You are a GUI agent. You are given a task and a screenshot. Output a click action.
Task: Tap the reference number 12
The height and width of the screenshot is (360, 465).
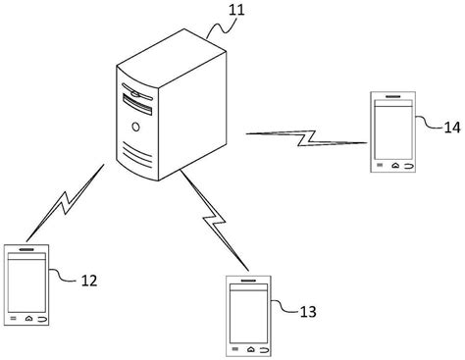click(x=88, y=281)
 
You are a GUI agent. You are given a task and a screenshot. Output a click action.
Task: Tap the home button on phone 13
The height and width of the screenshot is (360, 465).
click(x=251, y=349)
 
